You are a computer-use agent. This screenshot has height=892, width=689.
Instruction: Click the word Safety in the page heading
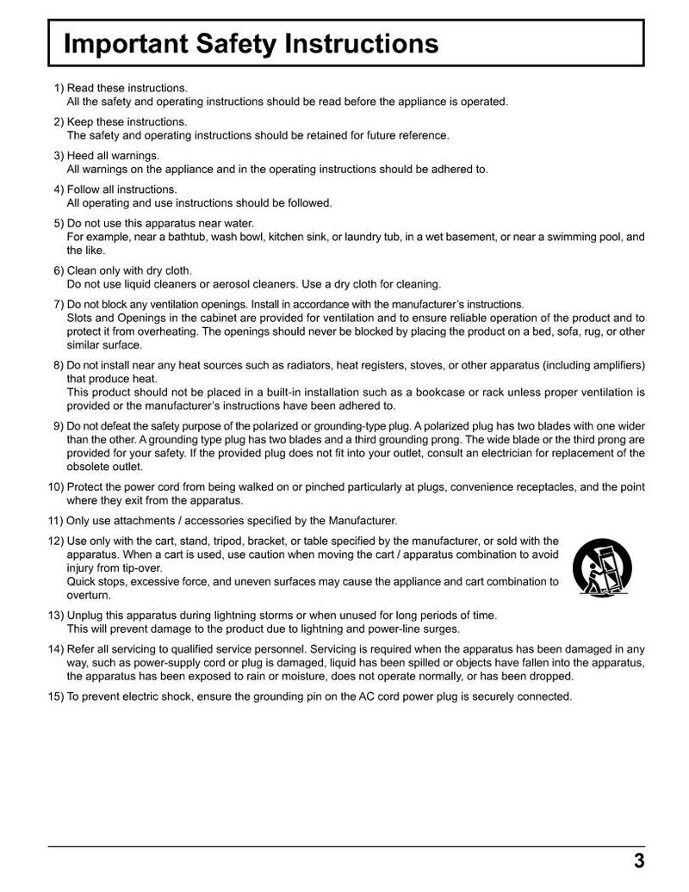point(251,44)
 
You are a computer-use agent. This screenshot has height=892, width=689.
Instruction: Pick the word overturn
point(88,595)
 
